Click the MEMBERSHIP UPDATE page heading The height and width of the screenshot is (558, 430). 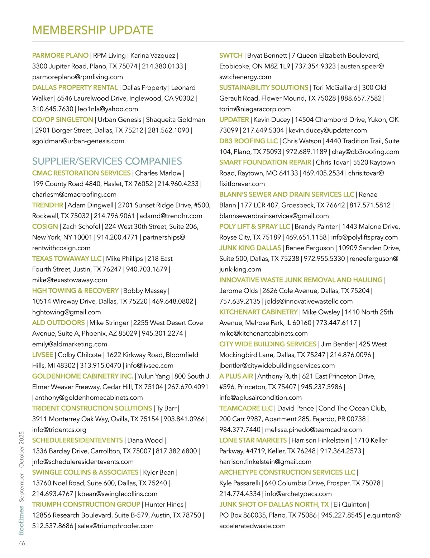tap(92, 30)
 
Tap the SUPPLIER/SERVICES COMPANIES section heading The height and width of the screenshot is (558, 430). tap(107, 161)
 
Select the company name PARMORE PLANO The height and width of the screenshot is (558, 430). tap(60, 56)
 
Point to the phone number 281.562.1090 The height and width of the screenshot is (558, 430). tap(168, 130)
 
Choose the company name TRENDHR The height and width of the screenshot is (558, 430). tap(48, 205)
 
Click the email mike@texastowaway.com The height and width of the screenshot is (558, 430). tap(70, 280)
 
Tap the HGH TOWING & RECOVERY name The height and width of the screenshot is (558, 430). tap(75, 290)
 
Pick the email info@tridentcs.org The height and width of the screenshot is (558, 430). tap(59, 429)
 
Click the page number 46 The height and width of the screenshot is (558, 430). tap(22, 543)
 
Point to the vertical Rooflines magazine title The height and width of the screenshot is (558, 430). tap(21, 520)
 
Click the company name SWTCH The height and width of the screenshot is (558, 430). tap(231, 56)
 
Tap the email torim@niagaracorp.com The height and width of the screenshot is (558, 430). tap(255, 109)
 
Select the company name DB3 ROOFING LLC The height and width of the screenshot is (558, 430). tap(248, 141)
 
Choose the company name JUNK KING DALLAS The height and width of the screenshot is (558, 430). tap(250, 248)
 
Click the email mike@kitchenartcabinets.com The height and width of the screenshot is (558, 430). tap(263, 333)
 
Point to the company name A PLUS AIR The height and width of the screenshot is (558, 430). tap(236, 376)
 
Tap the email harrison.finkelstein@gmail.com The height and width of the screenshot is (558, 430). tap(265, 462)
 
